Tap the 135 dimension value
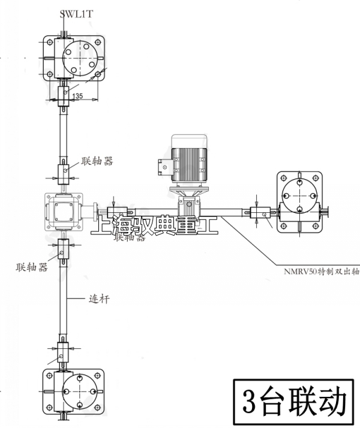[77, 96]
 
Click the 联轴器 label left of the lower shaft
[32, 267]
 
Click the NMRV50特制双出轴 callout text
[321, 270]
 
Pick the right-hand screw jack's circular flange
[299, 193]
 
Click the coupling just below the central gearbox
[64, 249]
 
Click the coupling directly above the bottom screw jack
[64, 351]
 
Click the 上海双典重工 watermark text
[154, 227]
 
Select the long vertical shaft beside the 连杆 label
[64, 300]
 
